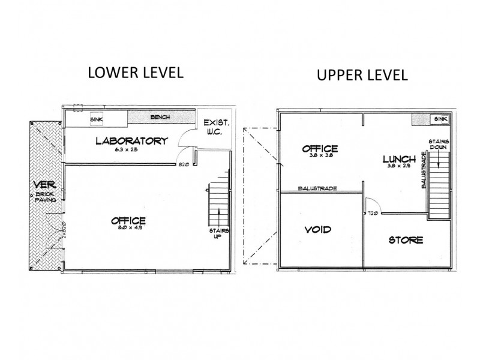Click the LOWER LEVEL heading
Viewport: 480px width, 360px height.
tap(135, 73)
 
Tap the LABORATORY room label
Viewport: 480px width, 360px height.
tap(131, 142)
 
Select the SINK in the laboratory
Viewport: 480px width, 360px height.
tap(95, 119)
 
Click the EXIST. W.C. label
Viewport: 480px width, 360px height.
tap(212, 127)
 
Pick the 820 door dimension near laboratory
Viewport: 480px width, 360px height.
tap(184, 164)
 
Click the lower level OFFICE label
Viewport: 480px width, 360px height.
tap(128, 221)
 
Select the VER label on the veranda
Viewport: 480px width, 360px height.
tap(41, 185)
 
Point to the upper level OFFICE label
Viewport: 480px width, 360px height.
tap(320, 148)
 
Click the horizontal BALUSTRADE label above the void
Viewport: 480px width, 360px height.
tap(317, 188)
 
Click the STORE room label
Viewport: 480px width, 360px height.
tap(406, 240)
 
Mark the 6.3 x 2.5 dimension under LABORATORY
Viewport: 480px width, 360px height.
tap(131, 151)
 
